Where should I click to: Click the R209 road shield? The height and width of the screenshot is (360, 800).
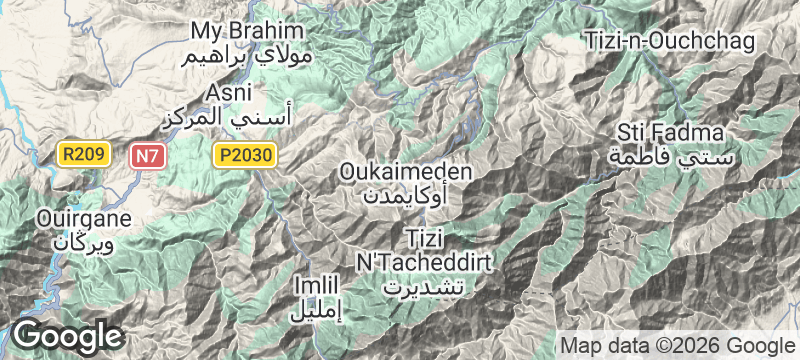[81, 155]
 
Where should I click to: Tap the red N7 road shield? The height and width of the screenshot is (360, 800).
[146, 155]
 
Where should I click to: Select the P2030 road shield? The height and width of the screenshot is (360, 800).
[243, 155]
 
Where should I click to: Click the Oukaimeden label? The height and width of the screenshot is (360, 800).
[406, 171]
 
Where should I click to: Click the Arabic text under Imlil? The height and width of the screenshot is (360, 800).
[315, 310]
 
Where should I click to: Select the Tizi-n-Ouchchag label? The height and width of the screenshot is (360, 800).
[669, 40]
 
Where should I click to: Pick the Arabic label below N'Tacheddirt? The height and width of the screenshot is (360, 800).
[425, 285]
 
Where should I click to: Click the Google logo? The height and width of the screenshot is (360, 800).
[67, 336]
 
